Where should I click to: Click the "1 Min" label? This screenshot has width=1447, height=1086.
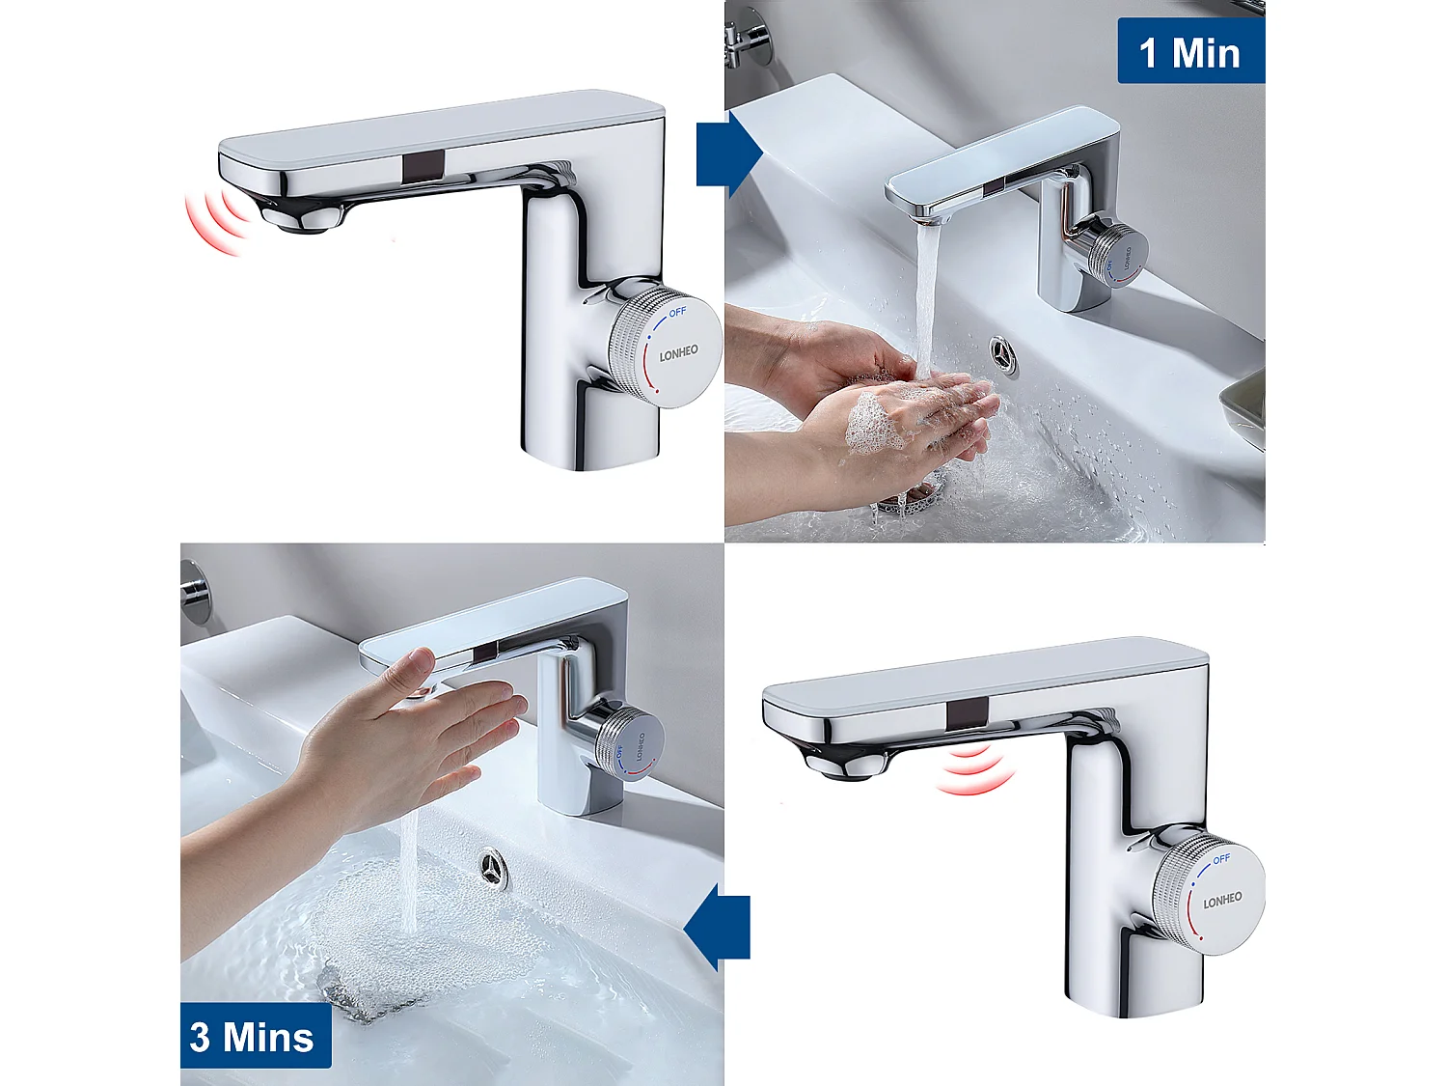1189,52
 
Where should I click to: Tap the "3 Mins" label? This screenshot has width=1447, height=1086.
253,1038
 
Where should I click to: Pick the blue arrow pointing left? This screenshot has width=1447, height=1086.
718,928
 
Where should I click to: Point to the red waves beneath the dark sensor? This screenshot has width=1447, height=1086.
974,769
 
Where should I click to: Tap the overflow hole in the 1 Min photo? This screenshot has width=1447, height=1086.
1004,355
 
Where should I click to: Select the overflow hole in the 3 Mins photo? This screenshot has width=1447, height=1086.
493,866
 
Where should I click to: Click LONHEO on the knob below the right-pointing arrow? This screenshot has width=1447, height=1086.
678,354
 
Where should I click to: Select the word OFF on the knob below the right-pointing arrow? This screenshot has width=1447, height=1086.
677,312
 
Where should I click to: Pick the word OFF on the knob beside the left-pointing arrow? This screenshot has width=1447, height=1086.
1221,858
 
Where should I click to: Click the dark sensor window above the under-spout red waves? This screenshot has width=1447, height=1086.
966,715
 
